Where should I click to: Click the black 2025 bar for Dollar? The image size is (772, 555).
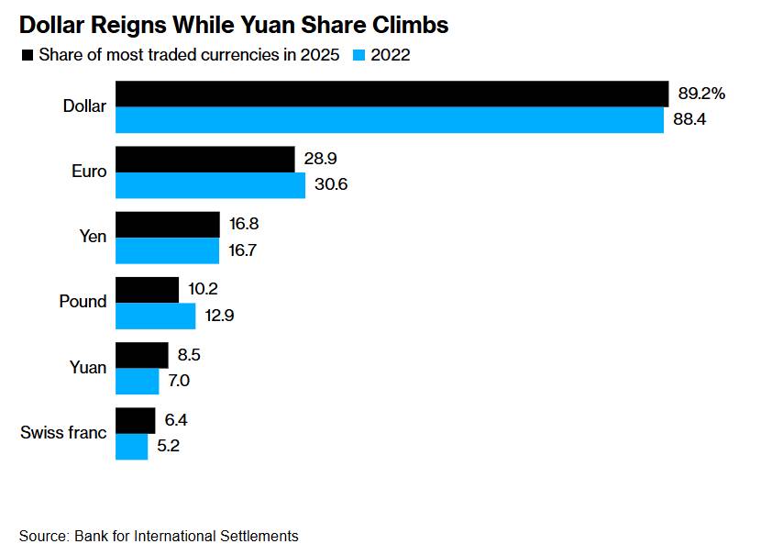click(392, 94)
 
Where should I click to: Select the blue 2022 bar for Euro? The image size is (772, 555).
click(210, 185)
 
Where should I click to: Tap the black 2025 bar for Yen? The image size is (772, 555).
click(167, 225)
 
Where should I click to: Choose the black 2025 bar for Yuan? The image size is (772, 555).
click(141, 355)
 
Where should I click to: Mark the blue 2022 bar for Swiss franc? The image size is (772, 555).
click(131, 447)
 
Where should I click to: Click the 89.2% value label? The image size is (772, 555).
click(701, 94)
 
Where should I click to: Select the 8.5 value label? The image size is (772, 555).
click(190, 355)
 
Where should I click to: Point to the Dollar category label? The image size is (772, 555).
click(84, 106)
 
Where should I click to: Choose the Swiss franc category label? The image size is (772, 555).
click(63, 433)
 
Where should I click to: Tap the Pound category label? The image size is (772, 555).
click(83, 302)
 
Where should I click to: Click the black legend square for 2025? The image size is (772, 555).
click(27, 55)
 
